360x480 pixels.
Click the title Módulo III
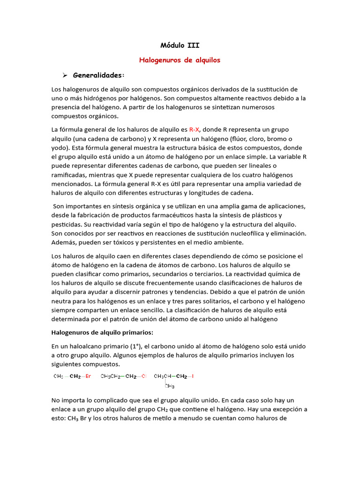(180, 45)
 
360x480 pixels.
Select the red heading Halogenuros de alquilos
(180, 60)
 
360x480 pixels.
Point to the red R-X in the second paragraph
(195, 129)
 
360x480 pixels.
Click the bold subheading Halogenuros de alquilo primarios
(102, 332)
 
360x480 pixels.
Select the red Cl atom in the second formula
(144, 376)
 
